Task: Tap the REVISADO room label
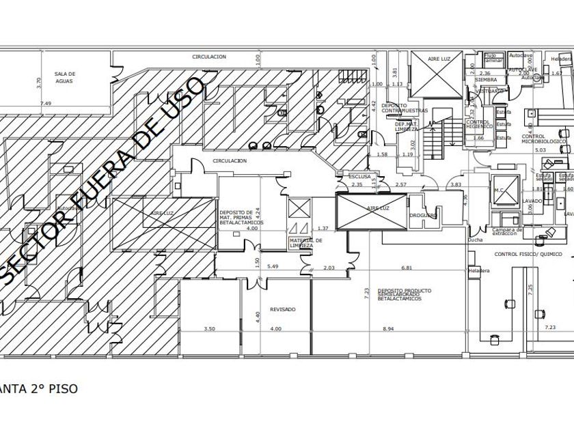282,309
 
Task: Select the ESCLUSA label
359,176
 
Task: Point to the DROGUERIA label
423,216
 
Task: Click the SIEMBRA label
486,80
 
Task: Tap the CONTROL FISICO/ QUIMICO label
529,254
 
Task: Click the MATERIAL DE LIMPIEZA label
305,243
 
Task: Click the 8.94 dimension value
387,329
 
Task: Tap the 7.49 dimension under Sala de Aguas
46,103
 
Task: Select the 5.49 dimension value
273,266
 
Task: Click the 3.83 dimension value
456,184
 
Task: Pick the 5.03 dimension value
540,149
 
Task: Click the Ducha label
475,240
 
